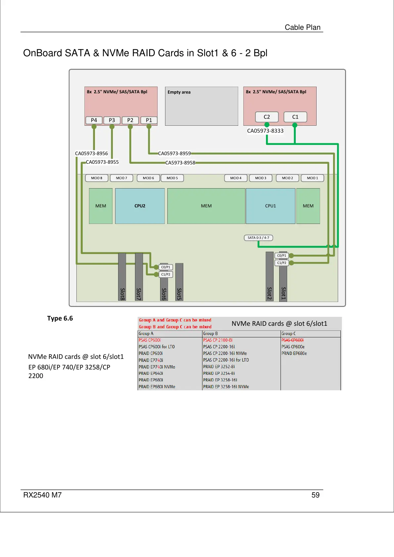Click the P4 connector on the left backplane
pyautogui.click(x=94, y=120)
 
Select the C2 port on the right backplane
pyautogui.click(x=267, y=117)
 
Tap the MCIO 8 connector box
pyautogui.click(x=97, y=178)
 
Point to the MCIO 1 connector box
pyautogui.click(x=312, y=178)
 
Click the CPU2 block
pyautogui.click(x=140, y=206)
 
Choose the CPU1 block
pyautogui.click(x=270, y=206)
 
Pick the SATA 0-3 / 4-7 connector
pyautogui.click(x=258, y=237)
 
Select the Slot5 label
pyautogui.click(x=179, y=294)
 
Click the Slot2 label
pyautogui.click(x=269, y=293)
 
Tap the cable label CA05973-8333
pyautogui.click(x=265, y=131)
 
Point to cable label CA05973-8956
pyautogui.click(x=91, y=153)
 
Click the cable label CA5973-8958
pyautogui.click(x=180, y=163)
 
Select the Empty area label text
pyautogui.click(x=179, y=92)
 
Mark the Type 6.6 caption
pyautogui.click(x=60, y=318)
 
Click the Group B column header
pyautogui.click(x=210, y=334)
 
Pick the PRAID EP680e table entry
pyautogui.click(x=294, y=353)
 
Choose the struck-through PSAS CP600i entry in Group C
pyautogui.click(x=292, y=340)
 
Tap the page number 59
pyautogui.click(x=315, y=495)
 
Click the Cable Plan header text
pyautogui.click(x=302, y=27)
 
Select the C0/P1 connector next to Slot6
pyautogui.click(x=166, y=267)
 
